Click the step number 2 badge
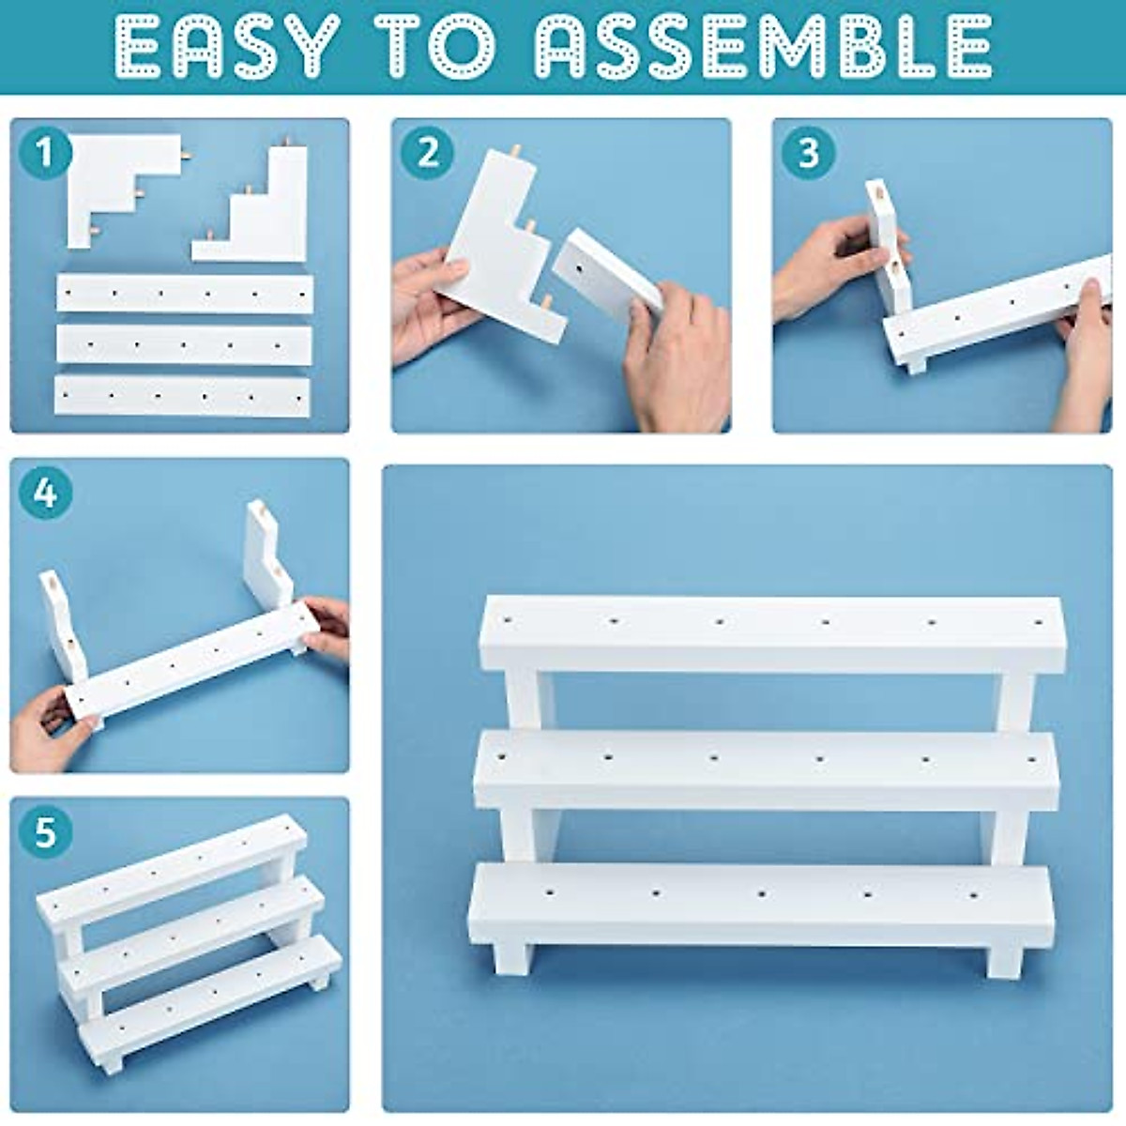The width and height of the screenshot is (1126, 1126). click(427, 152)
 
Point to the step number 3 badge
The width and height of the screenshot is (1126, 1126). click(808, 152)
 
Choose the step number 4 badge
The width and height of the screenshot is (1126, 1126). click(45, 493)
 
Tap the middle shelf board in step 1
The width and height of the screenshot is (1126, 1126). click(183, 344)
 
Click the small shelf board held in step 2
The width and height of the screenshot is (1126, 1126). click(605, 281)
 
